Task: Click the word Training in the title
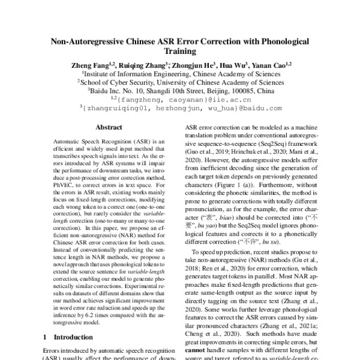(180, 52)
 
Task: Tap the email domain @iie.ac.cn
(227, 100)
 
